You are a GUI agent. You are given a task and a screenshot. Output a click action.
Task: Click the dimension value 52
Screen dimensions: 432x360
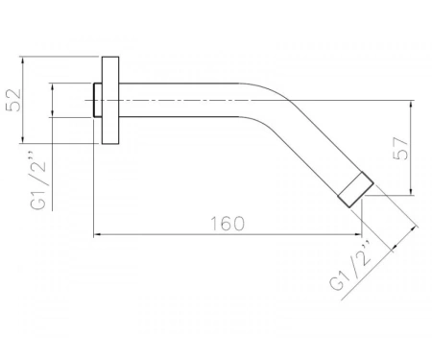tap(13, 100)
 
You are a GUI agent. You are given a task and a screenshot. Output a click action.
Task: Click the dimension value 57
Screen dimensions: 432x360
tap(401, 149)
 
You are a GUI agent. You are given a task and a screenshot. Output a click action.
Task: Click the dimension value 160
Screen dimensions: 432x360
tap(228, 224)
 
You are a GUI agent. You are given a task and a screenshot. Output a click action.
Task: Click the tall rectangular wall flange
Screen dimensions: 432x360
tap(110, 100)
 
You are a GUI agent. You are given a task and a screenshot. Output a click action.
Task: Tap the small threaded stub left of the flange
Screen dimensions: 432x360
tap(98, 100)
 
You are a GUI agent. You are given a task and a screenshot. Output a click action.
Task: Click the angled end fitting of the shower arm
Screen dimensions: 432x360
tap(356, 189)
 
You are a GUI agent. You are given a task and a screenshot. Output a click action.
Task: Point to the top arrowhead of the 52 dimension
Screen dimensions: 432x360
tap(22, 60)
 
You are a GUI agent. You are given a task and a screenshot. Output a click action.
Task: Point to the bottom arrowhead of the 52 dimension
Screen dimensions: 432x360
tap(22, 140)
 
